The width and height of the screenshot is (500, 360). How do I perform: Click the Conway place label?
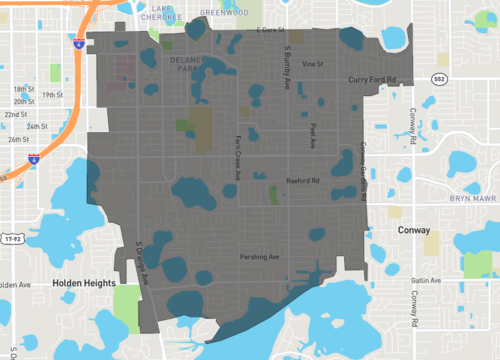pyautogui.click(x=412, y=229)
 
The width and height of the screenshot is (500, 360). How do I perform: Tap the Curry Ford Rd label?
pyautogui.click(x=372, y=78)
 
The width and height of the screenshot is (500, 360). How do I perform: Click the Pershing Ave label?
pyautogui.click(x=259, y=257)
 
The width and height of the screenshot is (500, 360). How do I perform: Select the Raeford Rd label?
pyautogui.click(x=301, y=181)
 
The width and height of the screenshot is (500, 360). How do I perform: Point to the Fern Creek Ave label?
pyautogui.click(x=237, y=159)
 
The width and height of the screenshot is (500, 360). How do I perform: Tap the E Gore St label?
pyautogui.click(x=270, y=31)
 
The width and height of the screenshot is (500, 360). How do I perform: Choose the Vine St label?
pyautogui.click(x=313, y=64)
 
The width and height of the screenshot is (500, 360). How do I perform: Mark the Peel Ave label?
pyautogui.click(x=312, y=136)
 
